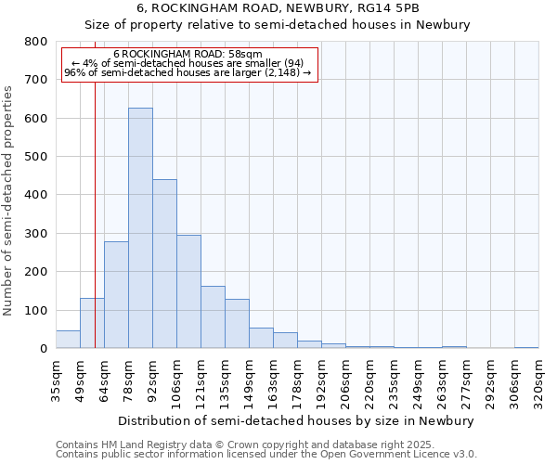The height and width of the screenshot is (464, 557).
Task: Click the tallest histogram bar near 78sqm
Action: pos(140,227)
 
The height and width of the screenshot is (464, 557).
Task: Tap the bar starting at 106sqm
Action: pos(188,291)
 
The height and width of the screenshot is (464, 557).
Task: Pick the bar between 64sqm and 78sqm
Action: pos(116,294)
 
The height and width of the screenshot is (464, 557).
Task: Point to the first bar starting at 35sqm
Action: pos(68,339)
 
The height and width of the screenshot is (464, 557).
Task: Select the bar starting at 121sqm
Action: pos(213,316)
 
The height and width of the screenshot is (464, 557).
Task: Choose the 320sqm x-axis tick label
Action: pos(538,380)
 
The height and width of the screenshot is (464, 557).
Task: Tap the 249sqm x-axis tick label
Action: pos(418,380)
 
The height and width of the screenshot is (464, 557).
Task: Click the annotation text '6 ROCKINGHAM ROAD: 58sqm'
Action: pos(188,54)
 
